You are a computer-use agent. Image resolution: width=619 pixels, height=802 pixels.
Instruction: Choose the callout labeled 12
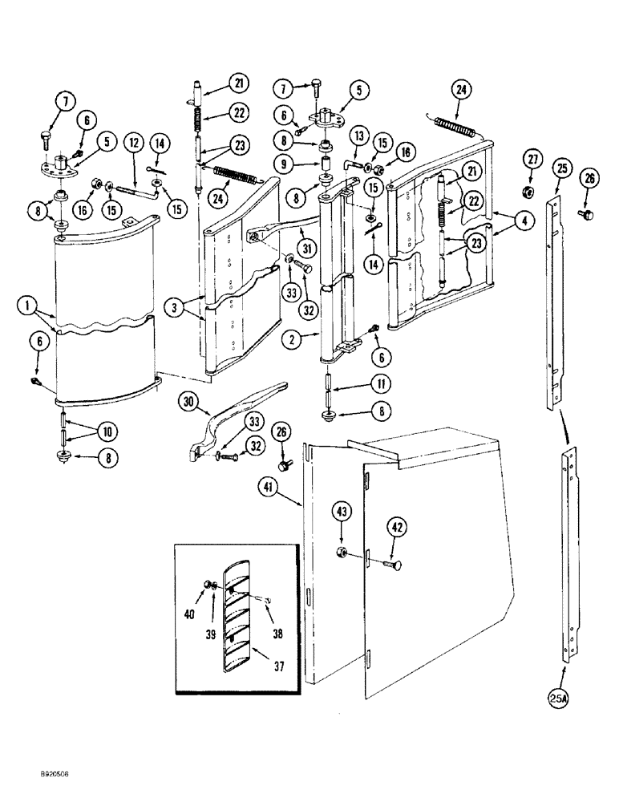tap(133, 143)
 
